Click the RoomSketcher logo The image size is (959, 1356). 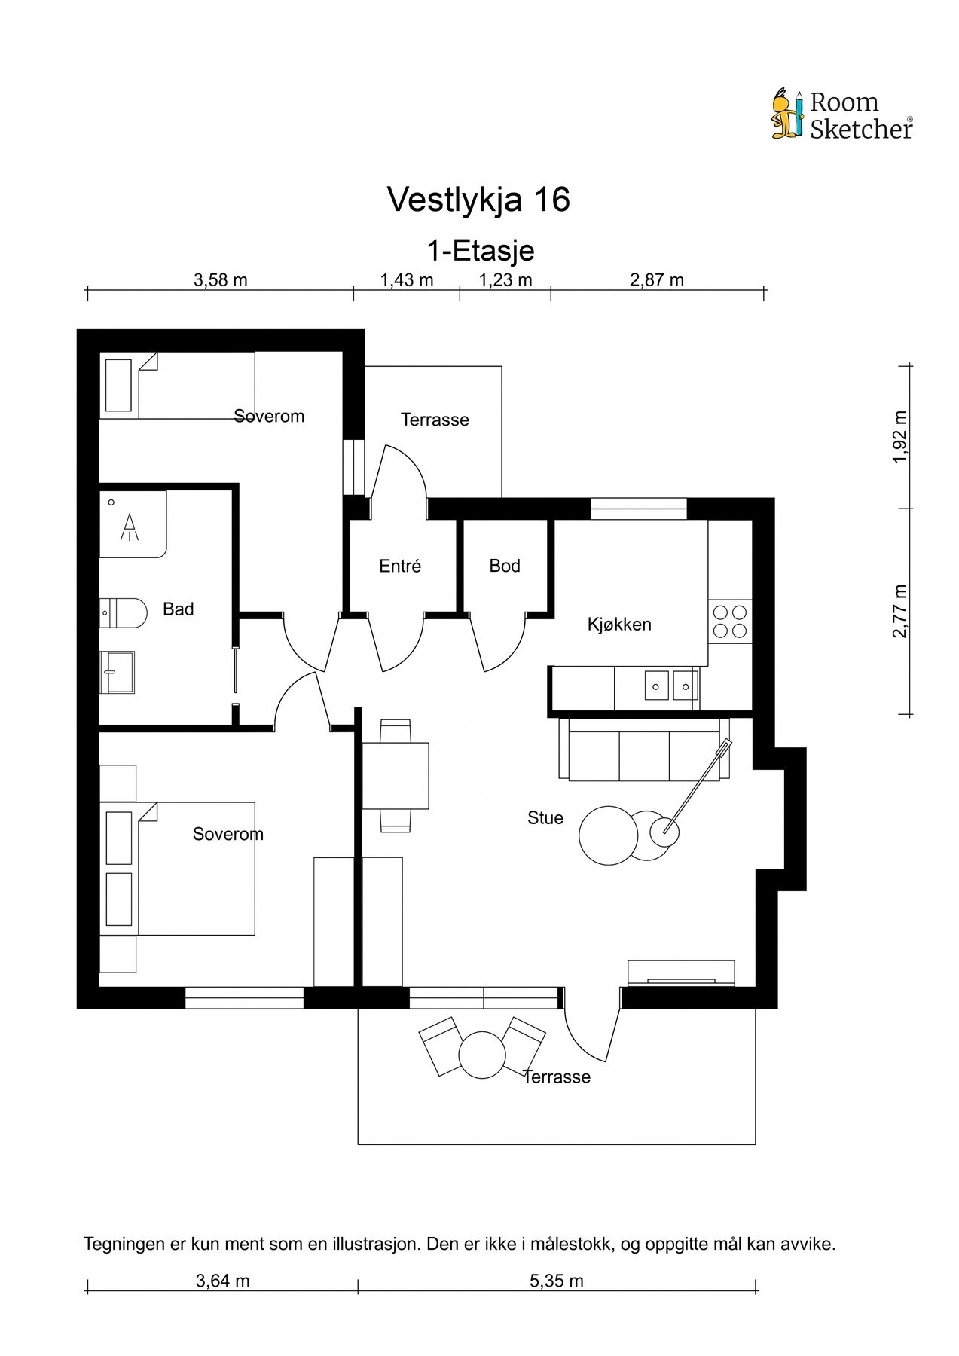point(841,115)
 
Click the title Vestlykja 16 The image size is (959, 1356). point(478,200)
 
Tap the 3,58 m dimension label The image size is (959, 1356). point(221,280)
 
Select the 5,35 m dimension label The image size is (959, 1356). point(557,1281)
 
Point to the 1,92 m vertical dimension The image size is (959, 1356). point(899,437)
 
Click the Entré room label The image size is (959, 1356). point(400,566)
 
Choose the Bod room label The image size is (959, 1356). point(505,566)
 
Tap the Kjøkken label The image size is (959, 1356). point(619,624)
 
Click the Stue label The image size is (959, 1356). point(545,818)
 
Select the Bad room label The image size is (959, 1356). point(179,609)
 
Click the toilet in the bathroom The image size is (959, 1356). point(123,613)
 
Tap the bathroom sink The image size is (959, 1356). point(117,672)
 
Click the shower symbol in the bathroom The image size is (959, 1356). point(130,525)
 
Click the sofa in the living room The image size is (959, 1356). point(644,749)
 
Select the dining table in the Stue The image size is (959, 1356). point(396,776)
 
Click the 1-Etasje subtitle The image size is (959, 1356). point(481,249)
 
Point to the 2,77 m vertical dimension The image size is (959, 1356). point(899,611)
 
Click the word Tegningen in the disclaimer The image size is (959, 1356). point(122,1245)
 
